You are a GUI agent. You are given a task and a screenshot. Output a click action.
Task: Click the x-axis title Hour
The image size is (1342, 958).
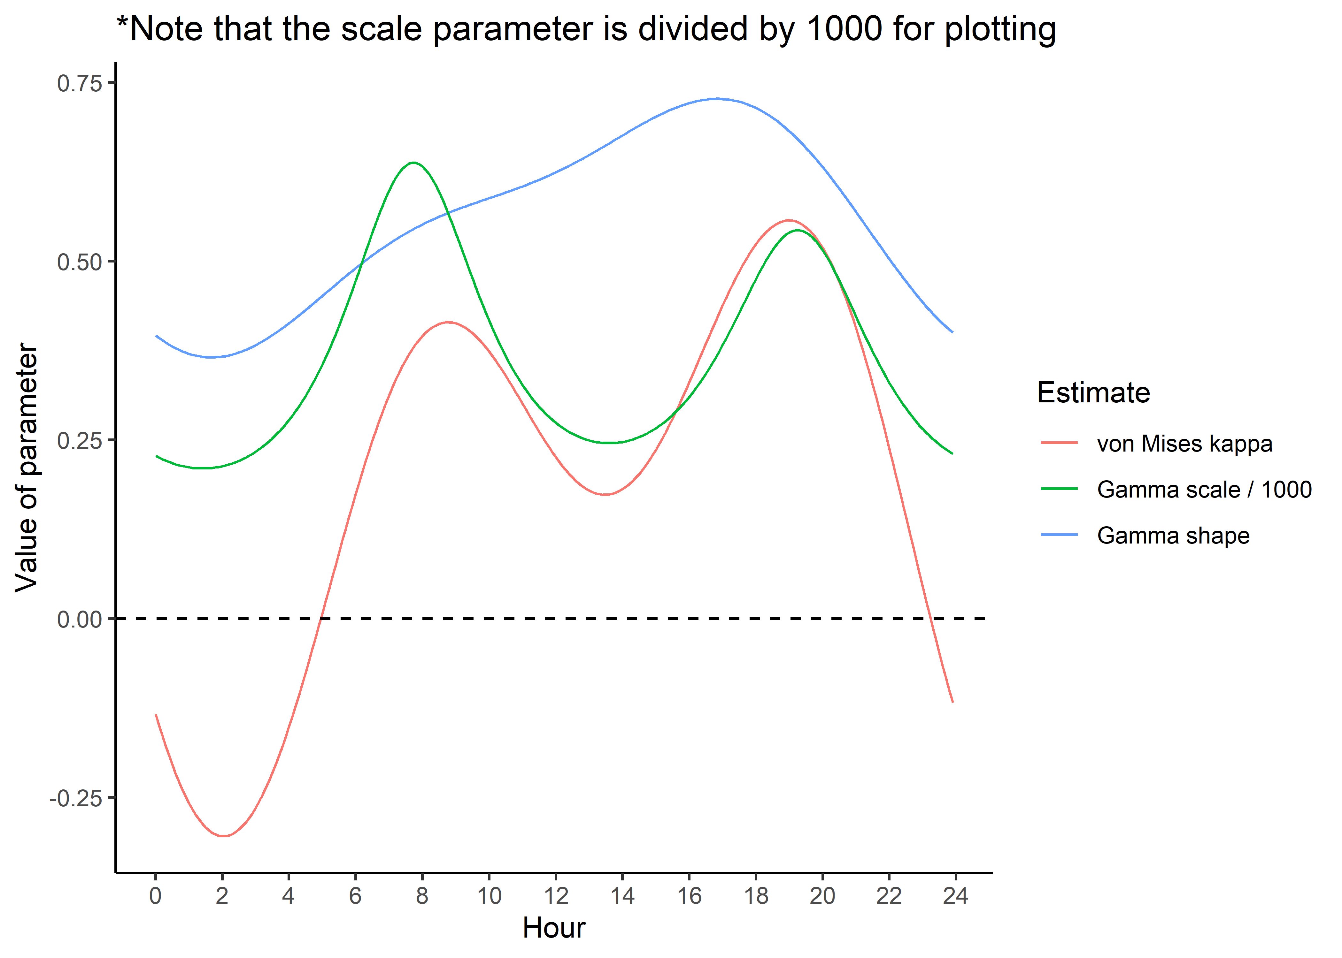553,928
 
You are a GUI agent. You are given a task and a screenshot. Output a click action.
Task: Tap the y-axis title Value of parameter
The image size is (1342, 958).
27,467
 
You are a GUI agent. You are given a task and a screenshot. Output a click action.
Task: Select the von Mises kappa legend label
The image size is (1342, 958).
1184,444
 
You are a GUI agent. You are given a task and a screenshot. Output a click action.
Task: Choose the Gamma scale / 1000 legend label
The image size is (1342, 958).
1204,490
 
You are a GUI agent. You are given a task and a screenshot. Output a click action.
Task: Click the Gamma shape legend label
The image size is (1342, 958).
1173,536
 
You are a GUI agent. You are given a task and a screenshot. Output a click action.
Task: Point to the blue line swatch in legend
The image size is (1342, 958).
1059,535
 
